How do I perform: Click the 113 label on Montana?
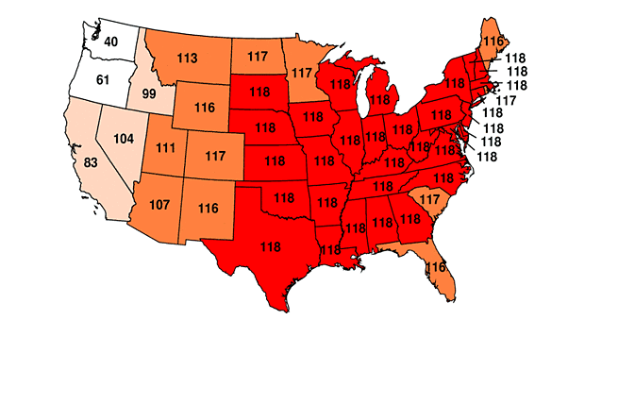[187, 59]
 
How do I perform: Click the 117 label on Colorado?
[216, 155]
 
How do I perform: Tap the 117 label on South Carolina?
[429, 199]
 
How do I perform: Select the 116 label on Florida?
[435, 267]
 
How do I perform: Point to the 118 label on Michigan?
[380, 99]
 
